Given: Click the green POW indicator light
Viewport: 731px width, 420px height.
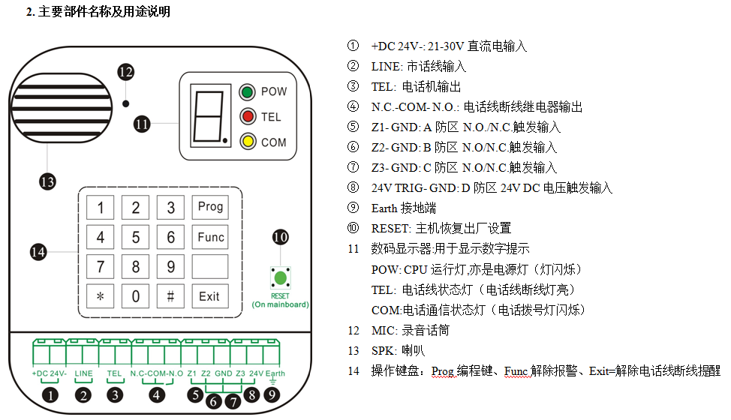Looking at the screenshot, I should pos(245,93).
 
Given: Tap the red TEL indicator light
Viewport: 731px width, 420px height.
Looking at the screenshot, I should pos(245,116).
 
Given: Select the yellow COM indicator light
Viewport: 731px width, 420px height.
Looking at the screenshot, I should pos(245,141).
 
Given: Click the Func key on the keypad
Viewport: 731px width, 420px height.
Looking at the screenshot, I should pos(210,238).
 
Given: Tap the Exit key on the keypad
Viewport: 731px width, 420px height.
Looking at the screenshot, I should pos(210,296).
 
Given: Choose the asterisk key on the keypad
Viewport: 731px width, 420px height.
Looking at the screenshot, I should pos(101,296).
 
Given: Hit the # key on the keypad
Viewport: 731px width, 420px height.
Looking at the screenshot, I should pos(170,296).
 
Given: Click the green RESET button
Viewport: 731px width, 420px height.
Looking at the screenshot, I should pos(280,279).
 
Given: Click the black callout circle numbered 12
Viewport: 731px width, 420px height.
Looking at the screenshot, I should pos(125,72).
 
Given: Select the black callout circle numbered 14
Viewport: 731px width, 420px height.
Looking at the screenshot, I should pos(38,252).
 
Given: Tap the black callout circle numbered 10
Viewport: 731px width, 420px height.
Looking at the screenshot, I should pos(280,238).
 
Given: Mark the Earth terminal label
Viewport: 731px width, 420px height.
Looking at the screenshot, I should pos(275,373).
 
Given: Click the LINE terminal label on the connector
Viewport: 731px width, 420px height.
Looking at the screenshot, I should pos(84,373).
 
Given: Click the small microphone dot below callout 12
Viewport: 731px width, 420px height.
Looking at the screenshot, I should pos(125,101).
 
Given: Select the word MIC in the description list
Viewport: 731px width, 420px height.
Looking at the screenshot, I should pos(382,330).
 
